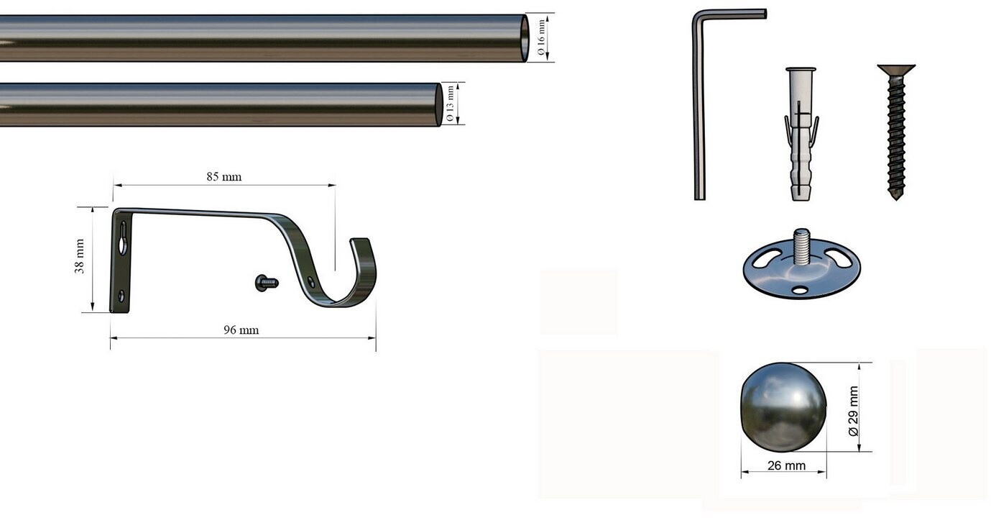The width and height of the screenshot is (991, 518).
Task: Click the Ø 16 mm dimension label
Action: coord(540,37)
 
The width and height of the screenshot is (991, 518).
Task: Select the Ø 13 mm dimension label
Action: coord(450,104)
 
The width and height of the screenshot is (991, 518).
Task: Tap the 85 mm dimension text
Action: coord(224,177)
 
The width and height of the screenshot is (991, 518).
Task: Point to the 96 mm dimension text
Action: coord(241,330)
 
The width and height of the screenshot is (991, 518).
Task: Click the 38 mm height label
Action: coord(79,256)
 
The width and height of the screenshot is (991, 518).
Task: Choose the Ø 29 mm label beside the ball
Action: coord(854,411)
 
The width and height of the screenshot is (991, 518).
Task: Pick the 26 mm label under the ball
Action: coord(786,465)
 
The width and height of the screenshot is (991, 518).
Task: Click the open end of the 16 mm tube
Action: coord(525,39)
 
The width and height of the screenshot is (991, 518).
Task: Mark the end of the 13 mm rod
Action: coord(438,105)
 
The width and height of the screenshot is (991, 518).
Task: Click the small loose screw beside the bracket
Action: coord(267,283)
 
